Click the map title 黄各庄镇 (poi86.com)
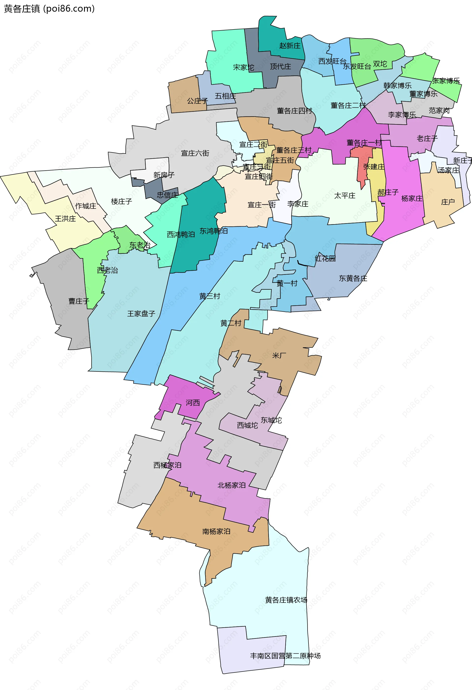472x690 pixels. click(49, 9)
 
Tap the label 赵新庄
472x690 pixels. click(290, 46)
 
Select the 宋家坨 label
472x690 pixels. click(243, 68)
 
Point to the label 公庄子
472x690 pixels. click(197, 101)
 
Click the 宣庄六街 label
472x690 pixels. click(195, 153)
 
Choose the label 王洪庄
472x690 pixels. click(65, 219)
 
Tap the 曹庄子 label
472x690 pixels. click(79, 301)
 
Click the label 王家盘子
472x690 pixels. click(141, 314)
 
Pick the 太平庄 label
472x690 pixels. click(345, 196)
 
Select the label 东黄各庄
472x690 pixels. click(353, 279)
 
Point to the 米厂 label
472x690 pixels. click(279, 355)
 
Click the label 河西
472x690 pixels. click(193, 403)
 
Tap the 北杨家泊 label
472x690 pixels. click(232, 485)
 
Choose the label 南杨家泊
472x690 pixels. click(216, 531)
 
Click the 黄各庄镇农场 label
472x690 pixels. click(286, 600)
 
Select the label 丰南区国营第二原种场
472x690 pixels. click(285, 656)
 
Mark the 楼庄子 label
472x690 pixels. click(121, 202)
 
